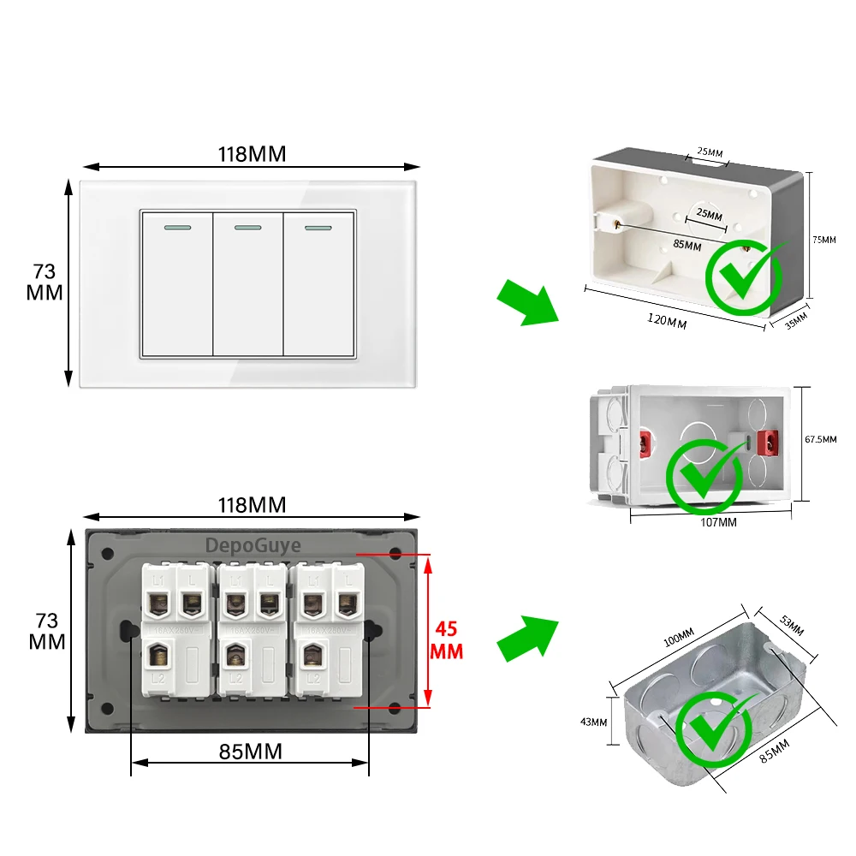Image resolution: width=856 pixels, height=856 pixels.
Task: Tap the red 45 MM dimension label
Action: pos(448,640)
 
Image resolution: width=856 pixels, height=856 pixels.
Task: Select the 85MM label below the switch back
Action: pos(250,752)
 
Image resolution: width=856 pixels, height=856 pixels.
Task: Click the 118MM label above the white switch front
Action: pos(252,154)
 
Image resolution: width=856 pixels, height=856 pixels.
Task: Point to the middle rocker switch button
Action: pos(248,284)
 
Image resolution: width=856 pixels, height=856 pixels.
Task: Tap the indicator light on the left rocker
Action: pos(177,229)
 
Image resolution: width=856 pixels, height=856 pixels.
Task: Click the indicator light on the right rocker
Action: pos(318,229)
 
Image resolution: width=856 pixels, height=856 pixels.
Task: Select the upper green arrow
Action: pos(526,301)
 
